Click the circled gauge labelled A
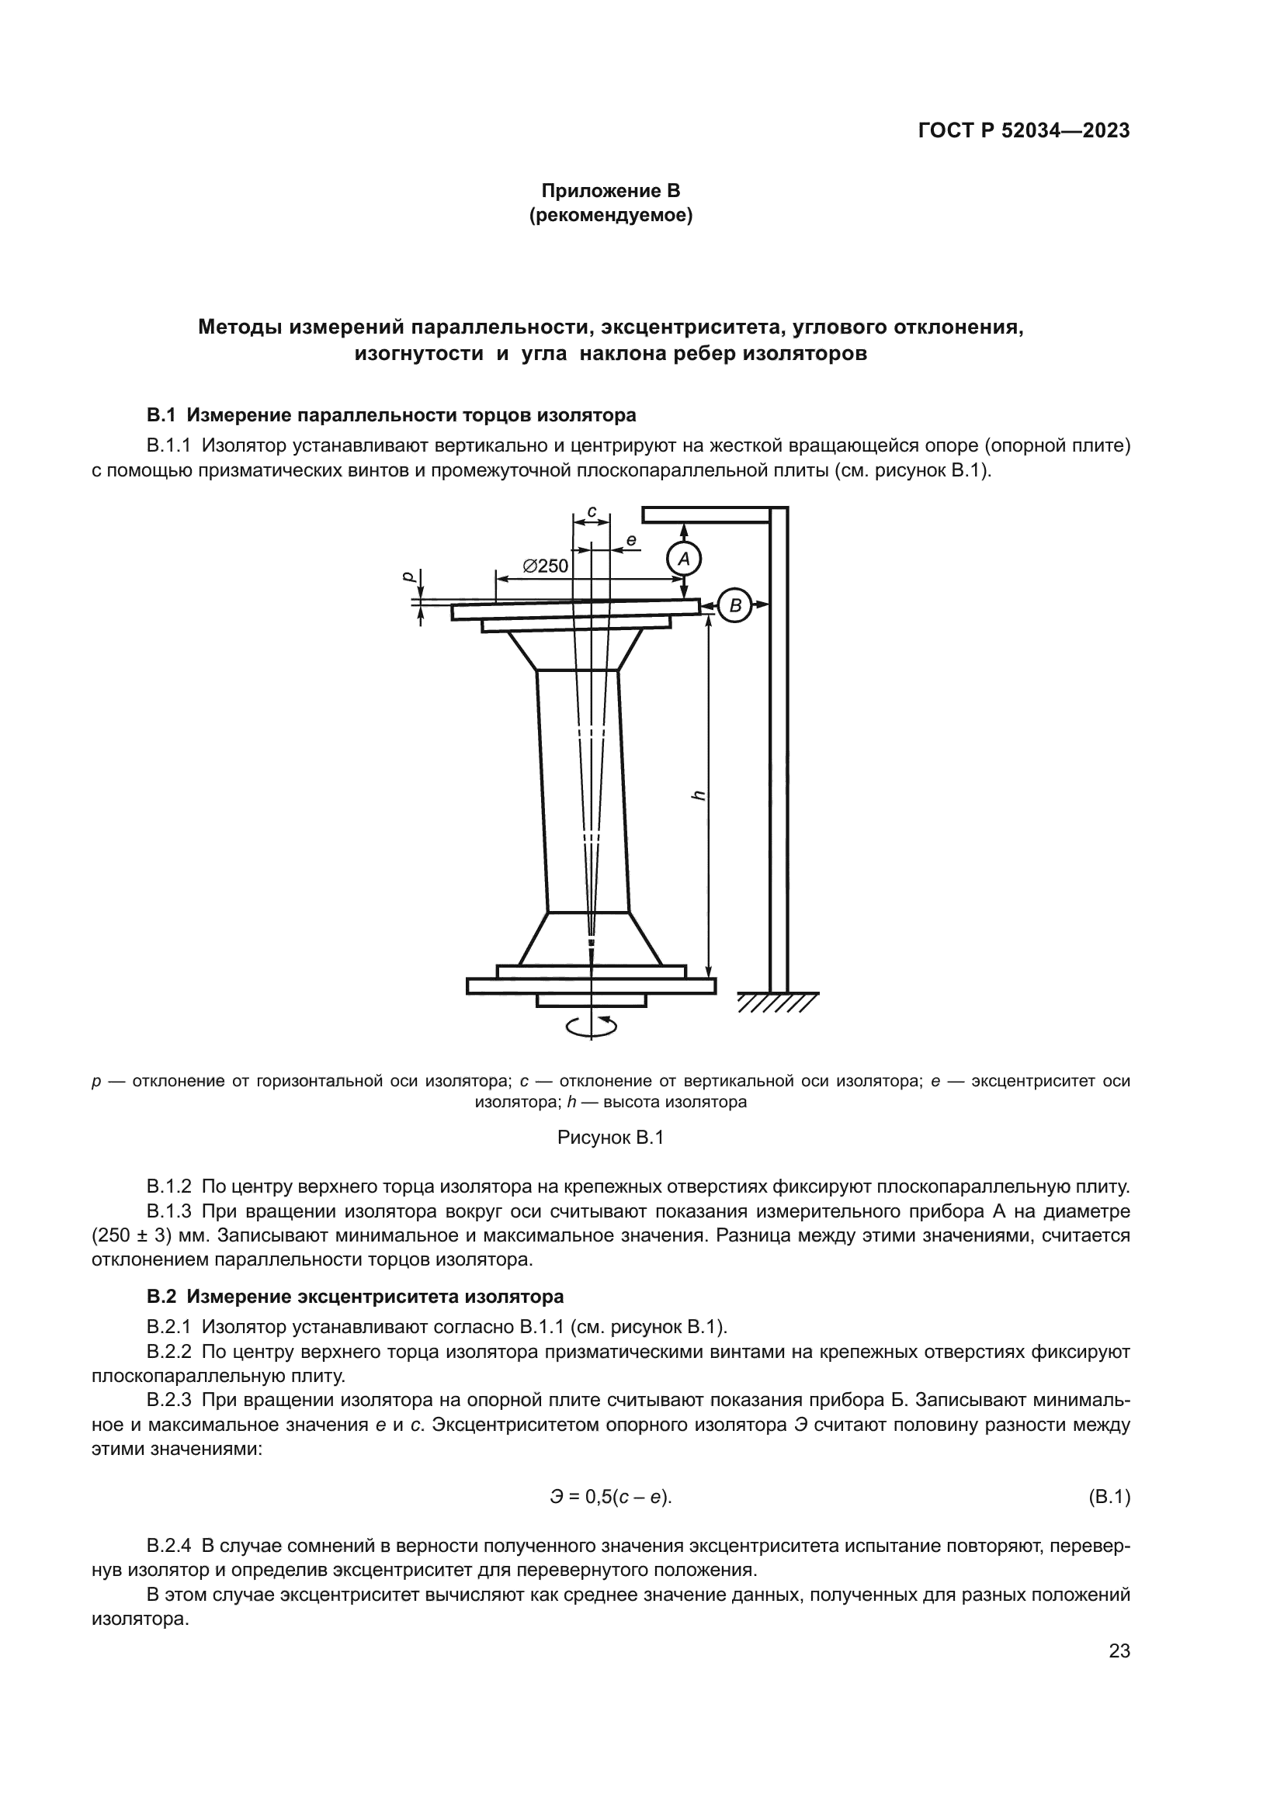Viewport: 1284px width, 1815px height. tap(684, 559)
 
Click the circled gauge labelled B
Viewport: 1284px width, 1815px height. tap(735, 606)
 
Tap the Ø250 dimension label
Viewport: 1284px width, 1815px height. tap(546, 566)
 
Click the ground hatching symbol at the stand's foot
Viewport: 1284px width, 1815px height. tap(777, 1003)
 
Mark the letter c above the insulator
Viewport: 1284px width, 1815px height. tap(592, 511)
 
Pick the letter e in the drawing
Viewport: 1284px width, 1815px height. tap(631, 541)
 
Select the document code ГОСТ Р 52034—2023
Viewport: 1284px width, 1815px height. tap(1024, 131)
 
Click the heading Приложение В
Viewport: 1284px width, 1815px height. tap(610, 191)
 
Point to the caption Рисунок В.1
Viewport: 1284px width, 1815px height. tap(610, 1138)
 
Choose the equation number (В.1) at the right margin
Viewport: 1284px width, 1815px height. tap(1109, 1496)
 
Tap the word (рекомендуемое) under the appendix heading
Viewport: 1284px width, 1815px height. tap(610, 215)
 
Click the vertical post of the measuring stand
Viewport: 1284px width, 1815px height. tap(779, 751)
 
